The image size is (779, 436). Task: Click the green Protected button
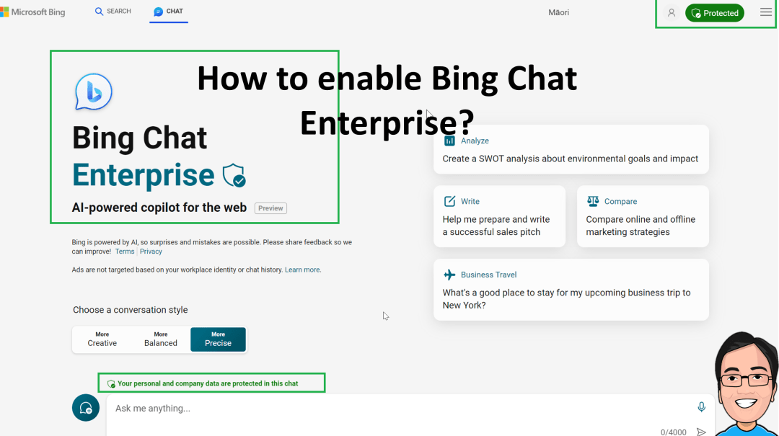tap(714, 13)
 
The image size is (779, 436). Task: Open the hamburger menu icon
tap(765, 12)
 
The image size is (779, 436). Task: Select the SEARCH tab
tap(113, 11)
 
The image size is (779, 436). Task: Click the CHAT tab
tap(168, 12)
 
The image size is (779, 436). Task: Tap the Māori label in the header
tap(558, 12)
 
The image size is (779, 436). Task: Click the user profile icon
tap(672, 13)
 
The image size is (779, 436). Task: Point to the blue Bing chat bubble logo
tap(93, 92)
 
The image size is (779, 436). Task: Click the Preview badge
tap(270, 208)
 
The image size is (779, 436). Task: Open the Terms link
tap(125, 252)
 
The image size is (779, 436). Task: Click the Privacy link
tap(151, 252)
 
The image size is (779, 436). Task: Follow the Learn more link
tap(302, 270)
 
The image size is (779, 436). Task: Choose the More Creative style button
tap(102, 339)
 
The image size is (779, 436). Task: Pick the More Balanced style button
tap(160, 339)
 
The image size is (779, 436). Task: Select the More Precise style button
tap(218, 339)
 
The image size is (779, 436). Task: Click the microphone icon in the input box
tap(701, 407)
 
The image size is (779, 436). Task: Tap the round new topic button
tap(85, 408)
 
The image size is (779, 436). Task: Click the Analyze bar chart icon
tap(449, 141)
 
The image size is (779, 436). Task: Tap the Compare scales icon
tap(593, 201)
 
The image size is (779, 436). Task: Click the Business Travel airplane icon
tap(449, 275)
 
